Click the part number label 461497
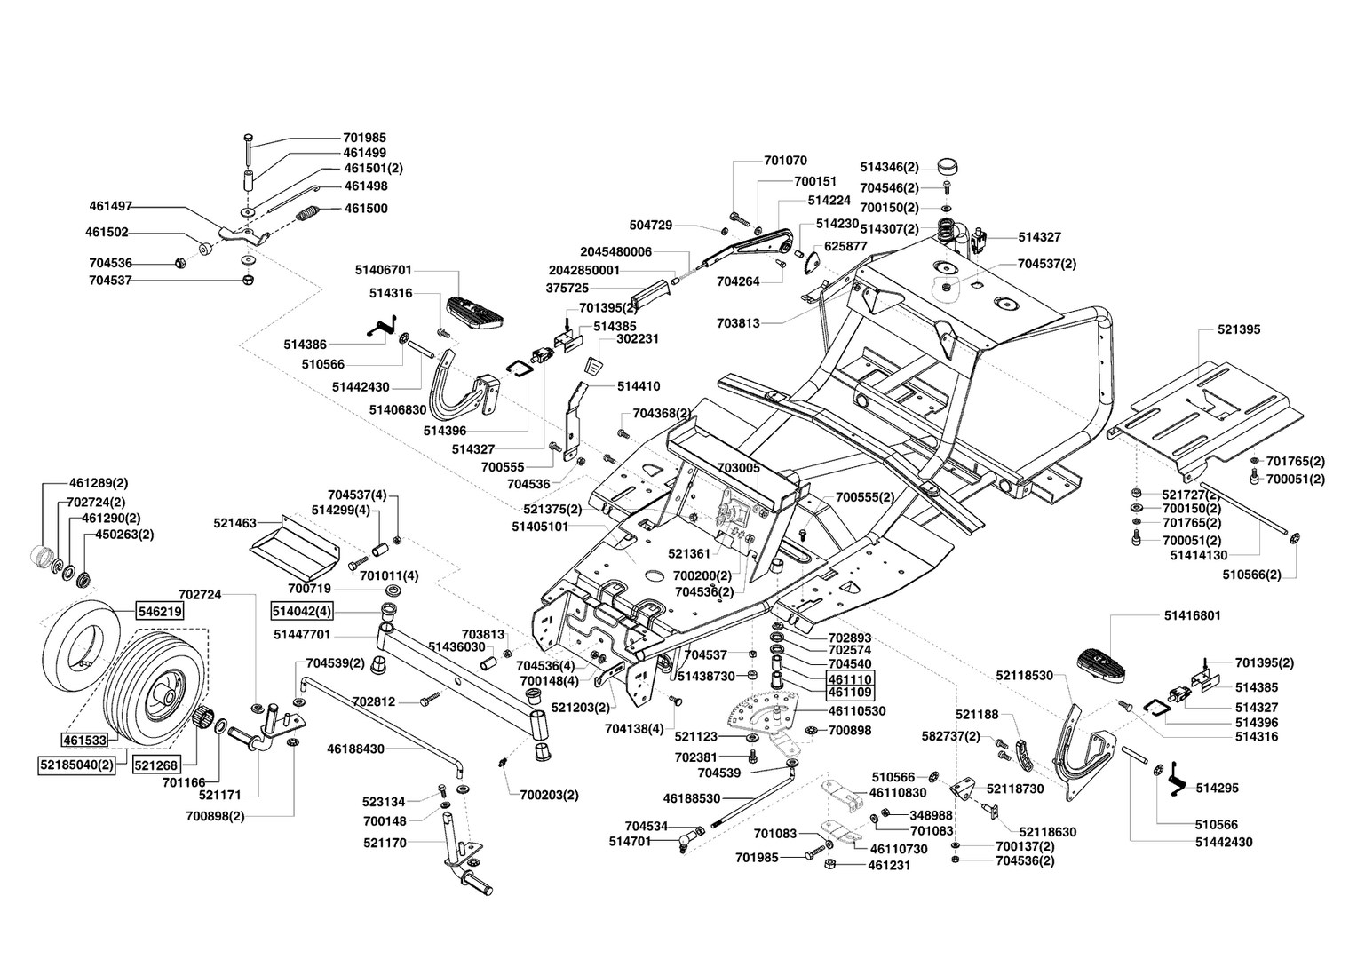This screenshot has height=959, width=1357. pos(110,206)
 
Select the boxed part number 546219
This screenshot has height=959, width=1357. pos(160,611)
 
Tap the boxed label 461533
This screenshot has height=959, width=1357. pos(85,740)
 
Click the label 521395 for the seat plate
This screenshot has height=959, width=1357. pos(1239,329)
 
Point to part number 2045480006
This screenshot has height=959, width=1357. pos(615,251)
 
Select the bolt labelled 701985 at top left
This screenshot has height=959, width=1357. pos(250,149)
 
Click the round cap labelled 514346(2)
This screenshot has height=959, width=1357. pos(948,167)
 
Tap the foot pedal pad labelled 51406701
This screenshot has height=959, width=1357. pos(476,312)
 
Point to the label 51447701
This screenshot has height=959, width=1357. pos(302,634)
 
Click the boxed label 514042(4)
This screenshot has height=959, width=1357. pos(302,611)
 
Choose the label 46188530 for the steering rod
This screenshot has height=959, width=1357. pos(691,798)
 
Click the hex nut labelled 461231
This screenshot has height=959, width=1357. pos(830,864)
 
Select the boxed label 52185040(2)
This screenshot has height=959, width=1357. pos(77,765)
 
